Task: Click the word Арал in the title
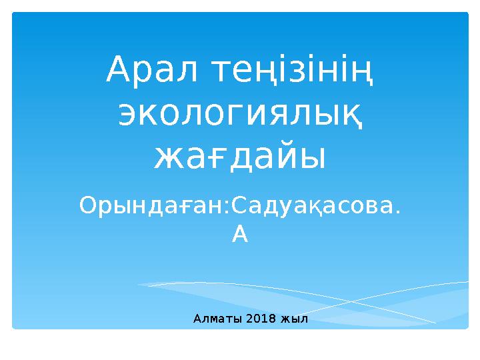151,70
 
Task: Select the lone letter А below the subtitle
240,234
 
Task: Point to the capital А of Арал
119,70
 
